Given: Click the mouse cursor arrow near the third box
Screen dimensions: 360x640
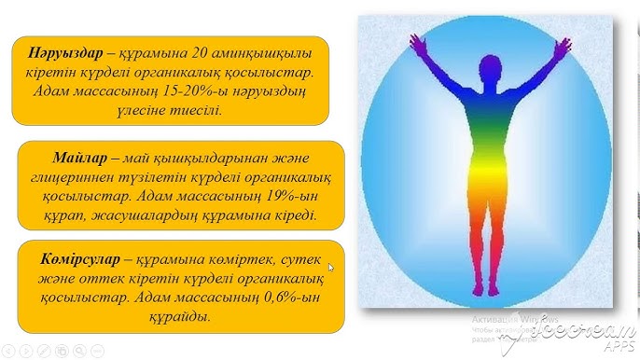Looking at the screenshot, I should coord(331,268).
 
